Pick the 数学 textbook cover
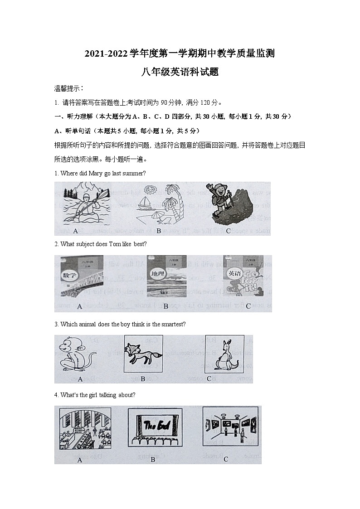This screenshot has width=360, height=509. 80,276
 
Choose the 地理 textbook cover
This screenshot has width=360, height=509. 166,276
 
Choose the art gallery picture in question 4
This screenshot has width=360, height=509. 230,428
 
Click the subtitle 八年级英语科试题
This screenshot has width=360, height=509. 180,71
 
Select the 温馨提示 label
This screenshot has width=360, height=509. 68,88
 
